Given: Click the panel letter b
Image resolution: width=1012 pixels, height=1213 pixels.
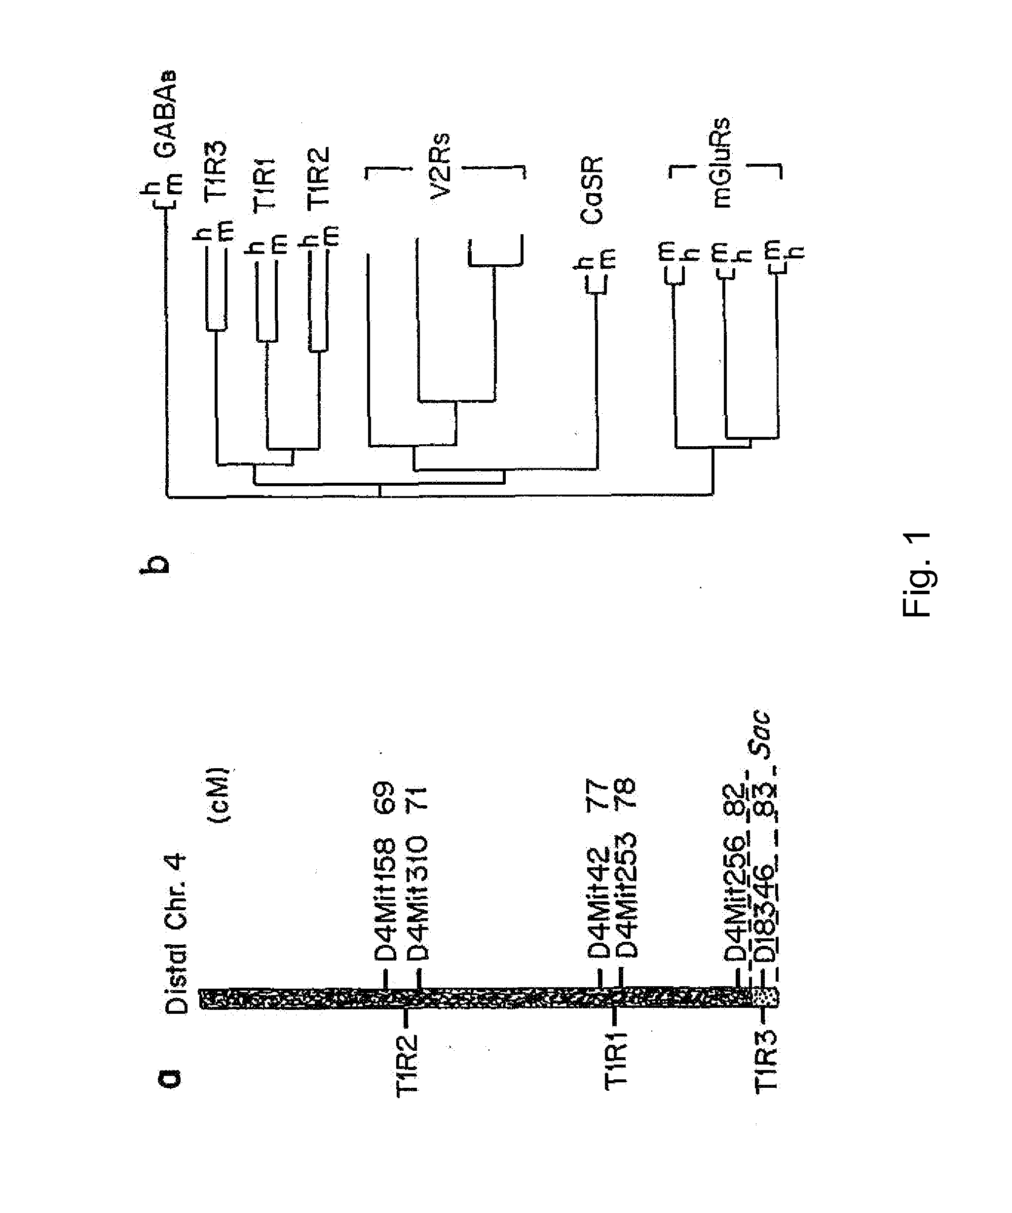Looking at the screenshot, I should tap(155, 563).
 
